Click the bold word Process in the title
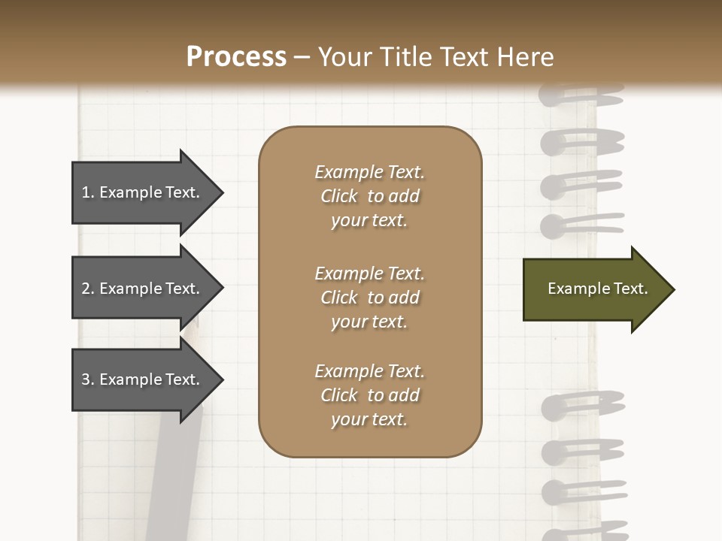[x=236, y=57]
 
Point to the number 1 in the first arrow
[x=86, y=192]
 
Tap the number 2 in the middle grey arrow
[x=86, y=289]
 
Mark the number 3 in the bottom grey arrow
[x=86, y=379]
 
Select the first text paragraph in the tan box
[x=369, y=196]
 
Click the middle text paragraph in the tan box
[x=369, y=298]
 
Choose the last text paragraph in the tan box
[x=369, y=395]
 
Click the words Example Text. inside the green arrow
[x=598, y=289]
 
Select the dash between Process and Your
[x=302, y=58]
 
